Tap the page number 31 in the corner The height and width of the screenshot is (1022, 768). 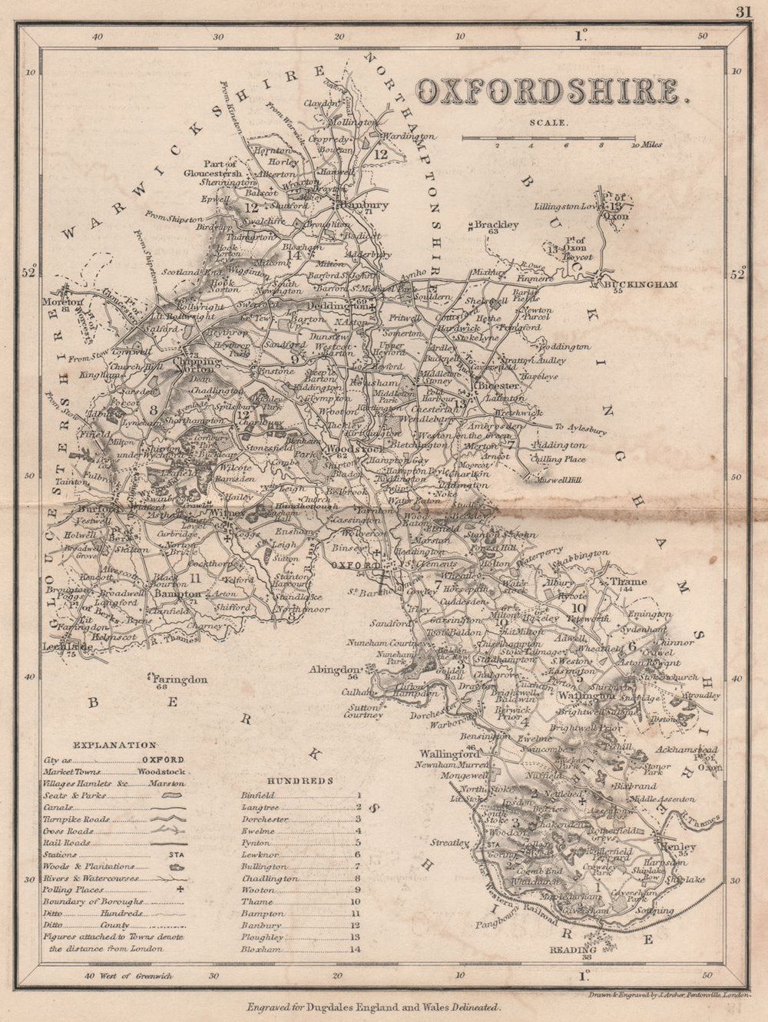coord(742,11)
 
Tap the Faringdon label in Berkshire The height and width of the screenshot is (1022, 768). coord(180,680)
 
